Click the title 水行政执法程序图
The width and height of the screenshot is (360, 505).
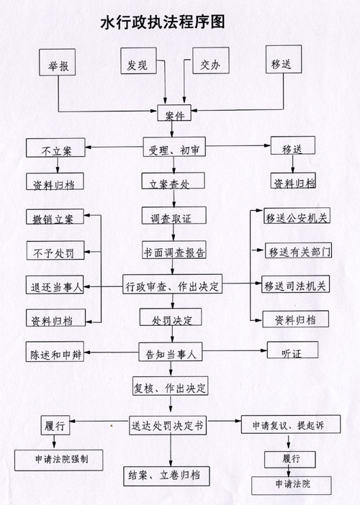point(163,22)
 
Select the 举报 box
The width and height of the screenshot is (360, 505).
point(58,63)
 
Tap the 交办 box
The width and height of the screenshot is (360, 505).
point(211,60)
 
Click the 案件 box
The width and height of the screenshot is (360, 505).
point(174,113)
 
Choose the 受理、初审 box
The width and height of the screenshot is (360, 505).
point(174,147)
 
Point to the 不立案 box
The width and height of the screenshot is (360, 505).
point(55,147)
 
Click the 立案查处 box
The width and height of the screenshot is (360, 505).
point(173,181)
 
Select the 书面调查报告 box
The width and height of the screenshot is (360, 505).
point(174,250)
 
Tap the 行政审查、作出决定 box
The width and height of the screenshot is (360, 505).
point(172,284)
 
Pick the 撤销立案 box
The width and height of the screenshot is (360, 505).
point(55,217)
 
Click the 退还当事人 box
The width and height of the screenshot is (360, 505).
point(55,285)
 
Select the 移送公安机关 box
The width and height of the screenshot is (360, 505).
point(297,216)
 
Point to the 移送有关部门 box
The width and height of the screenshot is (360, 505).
point(299,250)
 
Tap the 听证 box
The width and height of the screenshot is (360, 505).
point(292,350)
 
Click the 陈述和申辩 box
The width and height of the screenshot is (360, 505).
point(55,352)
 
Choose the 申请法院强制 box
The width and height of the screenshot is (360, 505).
point(58,460)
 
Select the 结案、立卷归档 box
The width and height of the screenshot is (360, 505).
point(166,476)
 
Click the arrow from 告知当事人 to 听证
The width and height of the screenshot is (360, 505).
point(235,350)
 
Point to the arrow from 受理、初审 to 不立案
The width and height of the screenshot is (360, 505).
point(114,147)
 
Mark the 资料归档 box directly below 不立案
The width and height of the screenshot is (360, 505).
point(55,181)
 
